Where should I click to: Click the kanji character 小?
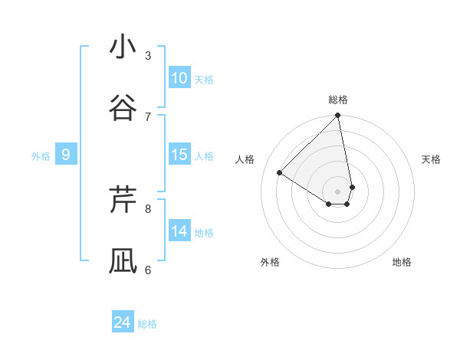123,47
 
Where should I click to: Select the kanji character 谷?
123,107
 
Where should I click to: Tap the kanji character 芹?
123,198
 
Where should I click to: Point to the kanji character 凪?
123,260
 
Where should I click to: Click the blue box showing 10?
179,78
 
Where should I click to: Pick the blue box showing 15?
179,155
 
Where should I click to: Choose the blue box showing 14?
179,231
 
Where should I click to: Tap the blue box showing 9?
66,155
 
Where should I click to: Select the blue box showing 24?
123,322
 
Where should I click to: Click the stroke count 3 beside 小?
148,55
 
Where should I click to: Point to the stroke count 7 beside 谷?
148,116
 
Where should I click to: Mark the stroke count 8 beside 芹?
148,208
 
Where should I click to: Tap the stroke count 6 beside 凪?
148,270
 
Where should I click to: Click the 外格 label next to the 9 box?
41,156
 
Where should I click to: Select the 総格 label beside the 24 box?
147,324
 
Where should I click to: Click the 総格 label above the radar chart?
338,100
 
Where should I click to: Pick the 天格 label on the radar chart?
432,159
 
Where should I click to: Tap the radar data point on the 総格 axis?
338,116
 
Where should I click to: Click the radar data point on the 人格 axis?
280,172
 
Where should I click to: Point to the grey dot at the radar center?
338,190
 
